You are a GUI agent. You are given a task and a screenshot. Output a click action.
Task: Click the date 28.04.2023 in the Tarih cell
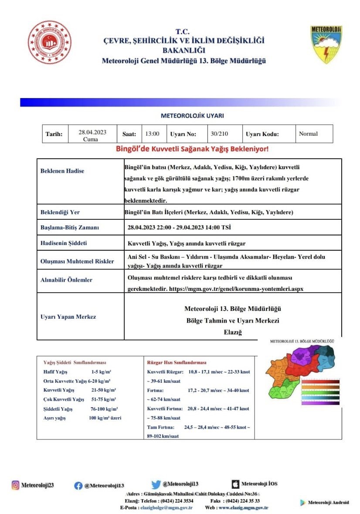tap(92, 132)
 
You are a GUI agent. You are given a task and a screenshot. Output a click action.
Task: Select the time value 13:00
tap(153, 134)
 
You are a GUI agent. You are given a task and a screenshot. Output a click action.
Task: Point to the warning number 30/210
tap(219, 134)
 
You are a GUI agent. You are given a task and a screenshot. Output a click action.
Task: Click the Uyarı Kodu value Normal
tap(308, 134)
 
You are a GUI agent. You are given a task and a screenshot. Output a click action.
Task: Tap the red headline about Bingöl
tap(192, 149)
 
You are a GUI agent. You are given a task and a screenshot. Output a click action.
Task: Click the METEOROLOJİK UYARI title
tap(192, 116)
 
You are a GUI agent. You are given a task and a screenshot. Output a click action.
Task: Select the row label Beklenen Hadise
tap(62, 171)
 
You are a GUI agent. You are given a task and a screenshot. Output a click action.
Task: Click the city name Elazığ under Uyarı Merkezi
tap(232, 332)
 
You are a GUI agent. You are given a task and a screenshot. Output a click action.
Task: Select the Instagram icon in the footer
tap(16, 485)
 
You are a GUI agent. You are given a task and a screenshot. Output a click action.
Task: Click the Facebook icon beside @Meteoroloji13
tap(78, 486)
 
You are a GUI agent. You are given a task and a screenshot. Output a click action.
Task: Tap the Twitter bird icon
tap(156, 484)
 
